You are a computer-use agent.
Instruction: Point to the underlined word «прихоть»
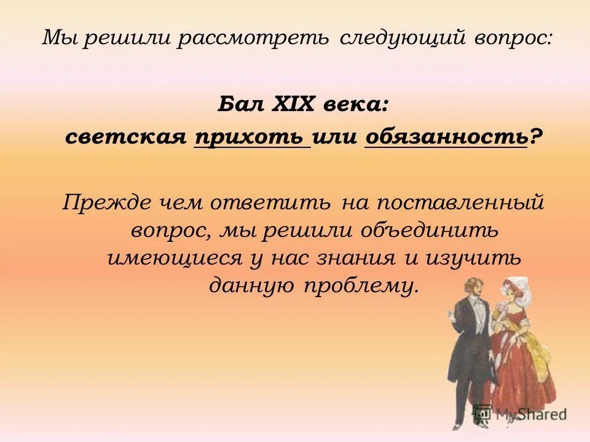click(252, 138)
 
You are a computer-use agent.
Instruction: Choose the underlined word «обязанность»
click(446, 138)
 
